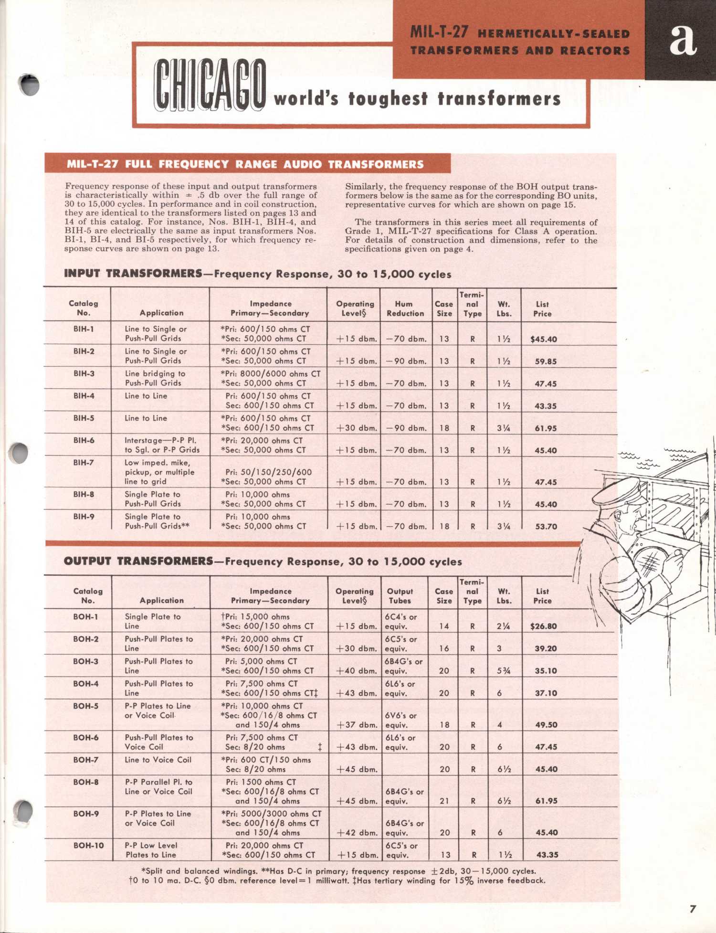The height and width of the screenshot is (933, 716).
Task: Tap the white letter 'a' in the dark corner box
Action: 682,39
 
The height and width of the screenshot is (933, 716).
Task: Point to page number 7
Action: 693,909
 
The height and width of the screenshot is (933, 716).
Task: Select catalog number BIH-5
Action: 84,418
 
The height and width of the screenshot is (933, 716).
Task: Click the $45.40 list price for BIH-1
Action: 543,339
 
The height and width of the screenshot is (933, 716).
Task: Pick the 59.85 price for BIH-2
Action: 546,361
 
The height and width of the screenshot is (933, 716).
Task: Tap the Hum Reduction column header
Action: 405,308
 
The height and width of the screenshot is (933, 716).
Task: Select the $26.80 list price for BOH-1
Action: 543,626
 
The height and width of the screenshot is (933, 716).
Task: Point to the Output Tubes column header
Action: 400,596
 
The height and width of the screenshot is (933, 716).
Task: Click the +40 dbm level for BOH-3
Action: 357,671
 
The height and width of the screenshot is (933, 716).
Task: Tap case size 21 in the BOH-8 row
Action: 444,801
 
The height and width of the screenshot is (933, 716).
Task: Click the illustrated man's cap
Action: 616,492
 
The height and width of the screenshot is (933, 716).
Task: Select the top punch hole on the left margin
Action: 30,85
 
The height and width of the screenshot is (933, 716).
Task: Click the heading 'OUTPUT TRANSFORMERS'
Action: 138,561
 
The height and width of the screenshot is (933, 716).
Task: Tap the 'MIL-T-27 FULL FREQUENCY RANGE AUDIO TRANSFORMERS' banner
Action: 245,164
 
